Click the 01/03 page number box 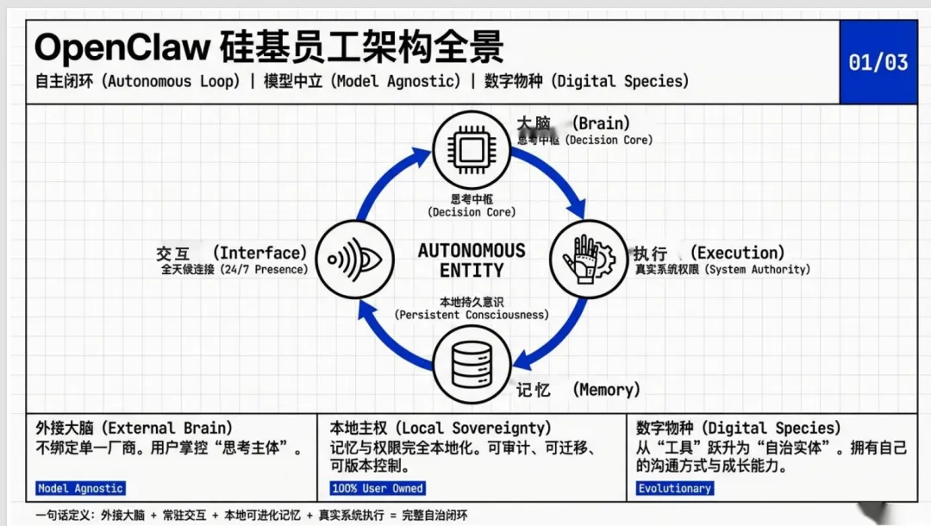pos(878,62)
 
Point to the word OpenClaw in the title pos(122,47)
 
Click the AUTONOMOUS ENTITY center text pos(472,260)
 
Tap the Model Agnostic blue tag pos(80,488)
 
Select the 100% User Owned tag pos(378,488)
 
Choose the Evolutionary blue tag pos(674,488)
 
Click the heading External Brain pos(134,428)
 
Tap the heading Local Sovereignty pos(440,428)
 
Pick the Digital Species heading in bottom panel pos(738,428)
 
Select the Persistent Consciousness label pos(472,314)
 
